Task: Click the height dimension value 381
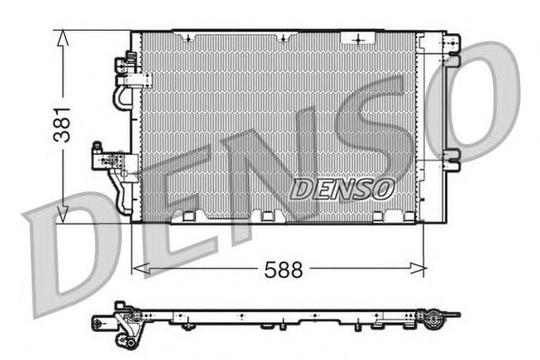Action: pyautogui.click(x=61, y=124)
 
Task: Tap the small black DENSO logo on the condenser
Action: pyautogui.click(x=342, y=189)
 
